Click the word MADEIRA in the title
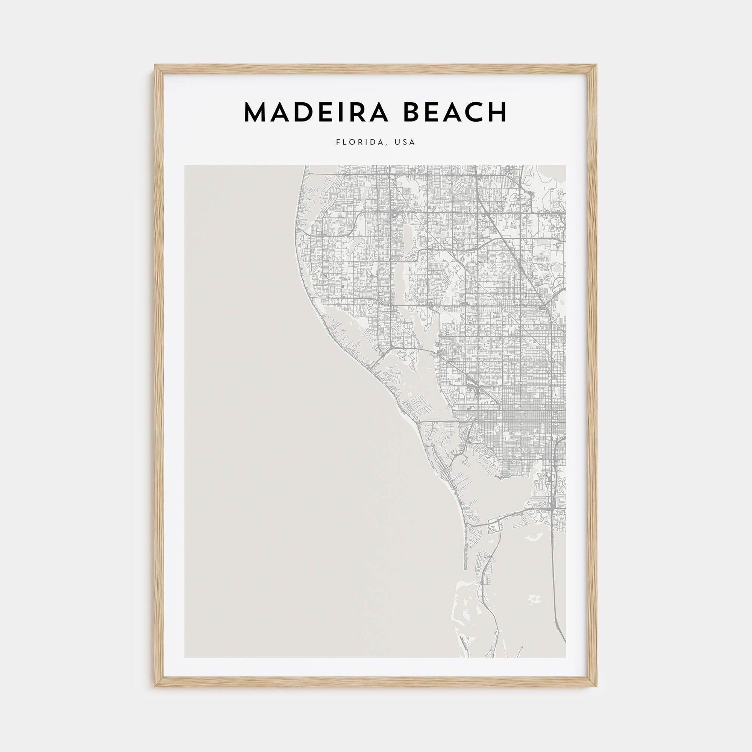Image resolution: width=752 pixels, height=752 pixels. click(316, 112)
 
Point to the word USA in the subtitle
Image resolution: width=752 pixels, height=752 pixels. click(405, 143)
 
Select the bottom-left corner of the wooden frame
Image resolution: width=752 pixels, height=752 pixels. click(155, 685)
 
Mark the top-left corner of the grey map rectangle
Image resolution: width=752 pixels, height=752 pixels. click(185, 166)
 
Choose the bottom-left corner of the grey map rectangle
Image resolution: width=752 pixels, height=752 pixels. click(185, 657)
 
